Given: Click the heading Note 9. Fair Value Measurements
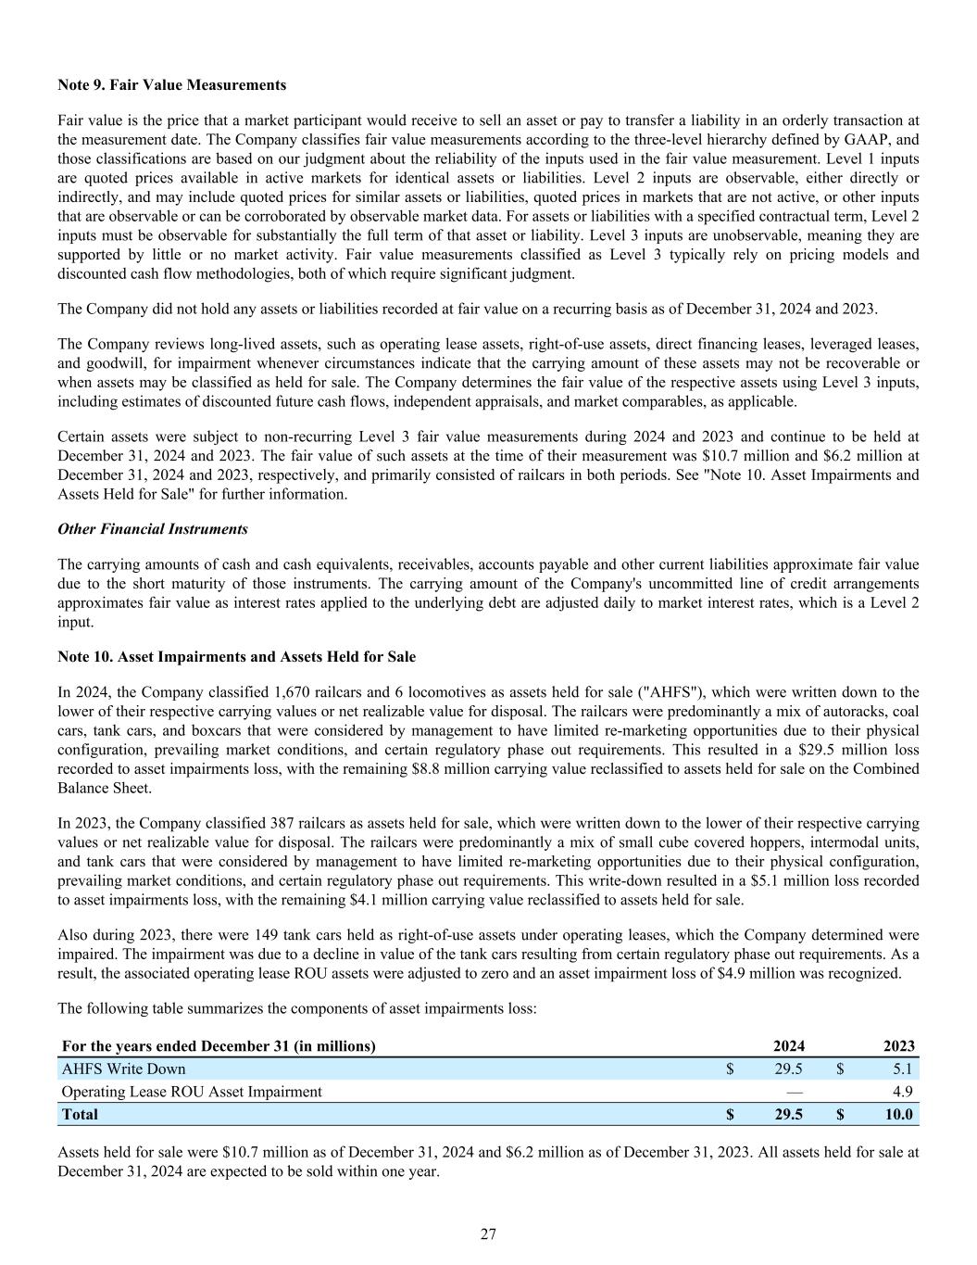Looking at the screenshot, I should [x=171, y=85].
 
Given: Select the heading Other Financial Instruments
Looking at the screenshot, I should [x=153, y=529].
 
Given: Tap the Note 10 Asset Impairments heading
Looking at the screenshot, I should [x=236, y=657].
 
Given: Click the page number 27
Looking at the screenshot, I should [x=489, y=1233].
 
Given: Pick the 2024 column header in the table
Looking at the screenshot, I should [x=788, y=1046].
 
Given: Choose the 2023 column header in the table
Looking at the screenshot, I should [x=898, y=1046].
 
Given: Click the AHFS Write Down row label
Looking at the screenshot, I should [x=123, y=1069].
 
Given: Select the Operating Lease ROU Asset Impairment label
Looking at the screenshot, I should [x=192, y=1092].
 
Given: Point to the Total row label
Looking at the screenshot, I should [x=80, y=1114].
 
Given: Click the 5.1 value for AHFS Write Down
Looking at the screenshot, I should [x=901, y=1069].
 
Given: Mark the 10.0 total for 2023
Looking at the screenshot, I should [x=897, y=1114].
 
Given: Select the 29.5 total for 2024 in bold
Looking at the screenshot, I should [x=788, y=1114].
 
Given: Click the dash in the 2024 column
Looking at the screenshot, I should [x=794, y=1092].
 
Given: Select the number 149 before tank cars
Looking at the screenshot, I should [x=243, y=935].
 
